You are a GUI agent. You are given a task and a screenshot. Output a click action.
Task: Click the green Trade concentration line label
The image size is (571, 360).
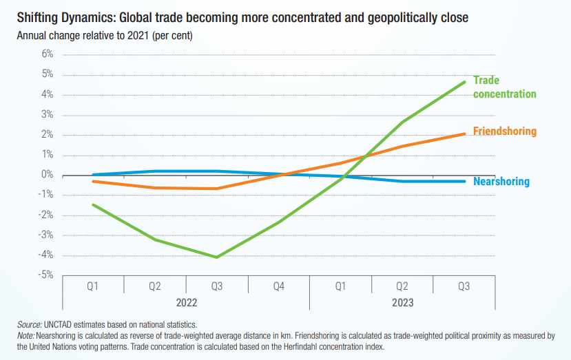[504, 87]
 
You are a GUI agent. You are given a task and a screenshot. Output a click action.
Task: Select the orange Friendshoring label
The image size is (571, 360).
[504, 131]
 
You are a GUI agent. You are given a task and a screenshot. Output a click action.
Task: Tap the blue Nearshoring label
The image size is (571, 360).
[501, 182]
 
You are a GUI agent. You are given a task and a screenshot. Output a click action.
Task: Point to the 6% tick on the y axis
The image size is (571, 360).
[47, 54]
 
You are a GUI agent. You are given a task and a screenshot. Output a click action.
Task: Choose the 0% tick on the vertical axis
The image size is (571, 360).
[47, 175]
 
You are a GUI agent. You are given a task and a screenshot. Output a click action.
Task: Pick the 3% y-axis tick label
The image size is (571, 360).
[47, 114]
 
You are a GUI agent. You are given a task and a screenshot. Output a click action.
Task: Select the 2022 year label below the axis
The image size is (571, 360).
[187, 301]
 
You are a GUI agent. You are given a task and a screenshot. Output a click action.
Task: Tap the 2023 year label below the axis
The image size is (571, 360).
[403, 301]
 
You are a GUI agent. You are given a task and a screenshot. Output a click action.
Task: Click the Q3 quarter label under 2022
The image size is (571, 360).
[217, 285]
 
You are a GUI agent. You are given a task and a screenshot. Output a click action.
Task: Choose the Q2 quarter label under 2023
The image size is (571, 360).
[403, 285]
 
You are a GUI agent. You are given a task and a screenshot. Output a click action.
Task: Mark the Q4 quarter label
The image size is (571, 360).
[279, 285]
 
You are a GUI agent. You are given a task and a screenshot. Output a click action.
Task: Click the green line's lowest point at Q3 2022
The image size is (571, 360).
[217, 257]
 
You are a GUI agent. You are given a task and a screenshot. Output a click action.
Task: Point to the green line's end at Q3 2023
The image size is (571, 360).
[464, 82]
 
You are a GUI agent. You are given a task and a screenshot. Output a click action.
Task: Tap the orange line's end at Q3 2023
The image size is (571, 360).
[464, 134]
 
